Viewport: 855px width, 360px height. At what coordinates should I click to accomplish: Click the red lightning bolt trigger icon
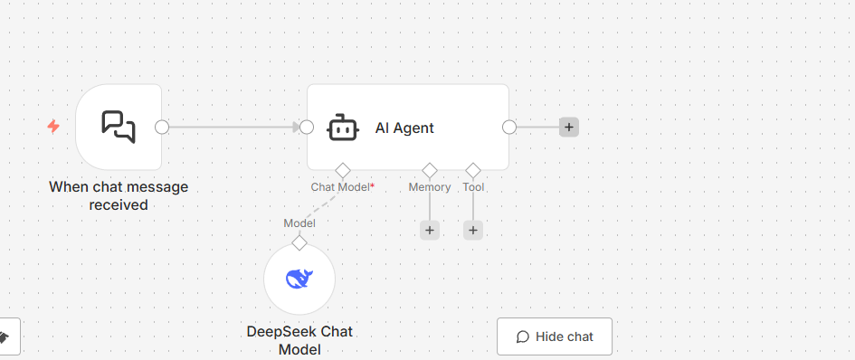tap(53, 127)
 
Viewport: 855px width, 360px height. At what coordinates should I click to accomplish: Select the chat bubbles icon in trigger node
tap(119, 128)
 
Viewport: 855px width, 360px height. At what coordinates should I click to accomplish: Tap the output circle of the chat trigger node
tap(162, 128)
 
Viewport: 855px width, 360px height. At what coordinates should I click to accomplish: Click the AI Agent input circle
tap(307, 128)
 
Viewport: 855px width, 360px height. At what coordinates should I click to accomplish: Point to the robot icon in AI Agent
tap(342, 128)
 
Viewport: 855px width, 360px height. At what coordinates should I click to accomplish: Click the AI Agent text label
tap(404, 128)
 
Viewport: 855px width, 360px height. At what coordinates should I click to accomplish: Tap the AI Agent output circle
tap(509, 128)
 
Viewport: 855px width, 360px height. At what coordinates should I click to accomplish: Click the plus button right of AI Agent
tap(569, 128)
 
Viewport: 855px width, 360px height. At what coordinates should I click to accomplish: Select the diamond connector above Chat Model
tap(342, 170)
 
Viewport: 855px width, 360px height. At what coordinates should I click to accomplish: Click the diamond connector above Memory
tap(430, 170)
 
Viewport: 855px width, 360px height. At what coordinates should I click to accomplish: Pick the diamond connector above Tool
tap(473, 170)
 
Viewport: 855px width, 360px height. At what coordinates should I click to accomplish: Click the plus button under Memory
tap(430, 230)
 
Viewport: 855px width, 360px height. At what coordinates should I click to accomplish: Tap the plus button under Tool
tap(473, 230)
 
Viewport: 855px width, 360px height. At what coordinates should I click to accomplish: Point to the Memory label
tap(430, 187)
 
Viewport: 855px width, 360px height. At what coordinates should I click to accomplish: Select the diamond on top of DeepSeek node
tap(299, 242)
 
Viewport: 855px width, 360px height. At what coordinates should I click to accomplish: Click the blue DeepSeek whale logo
tap(299, 279)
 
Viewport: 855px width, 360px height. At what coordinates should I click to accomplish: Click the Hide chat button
tap(555, 336)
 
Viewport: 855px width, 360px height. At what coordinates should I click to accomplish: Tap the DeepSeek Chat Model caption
tap(299, 340)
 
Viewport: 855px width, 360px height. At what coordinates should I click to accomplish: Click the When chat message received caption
tap(119, 195)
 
